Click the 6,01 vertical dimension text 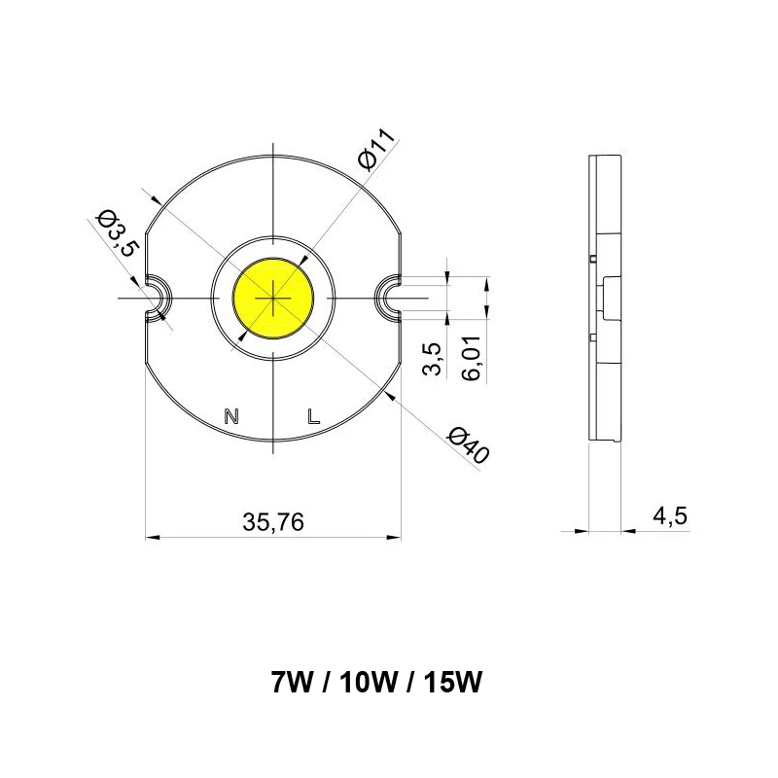click(476, 360)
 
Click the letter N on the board click(231, 417)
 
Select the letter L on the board click(312, 417)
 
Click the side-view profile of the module click(605, 297)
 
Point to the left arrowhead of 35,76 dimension click(152, 535)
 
